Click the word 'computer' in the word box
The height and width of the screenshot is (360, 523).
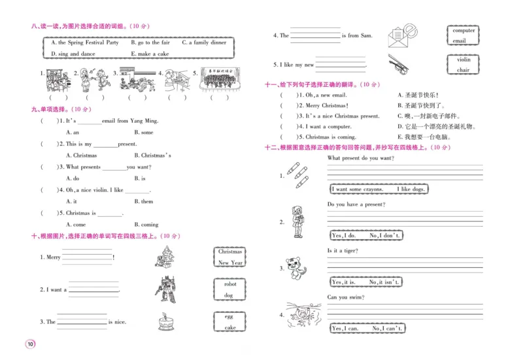[464, 31]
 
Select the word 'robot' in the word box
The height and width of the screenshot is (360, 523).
[229, 284]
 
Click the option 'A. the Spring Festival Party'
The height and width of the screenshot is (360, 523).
[85, 42]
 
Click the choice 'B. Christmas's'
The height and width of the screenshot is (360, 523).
[152, 155]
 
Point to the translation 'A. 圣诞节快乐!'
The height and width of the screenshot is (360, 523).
[418, 95]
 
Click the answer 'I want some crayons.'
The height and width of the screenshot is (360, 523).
[357, 189]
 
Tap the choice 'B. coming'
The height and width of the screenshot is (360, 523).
[146, 224]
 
